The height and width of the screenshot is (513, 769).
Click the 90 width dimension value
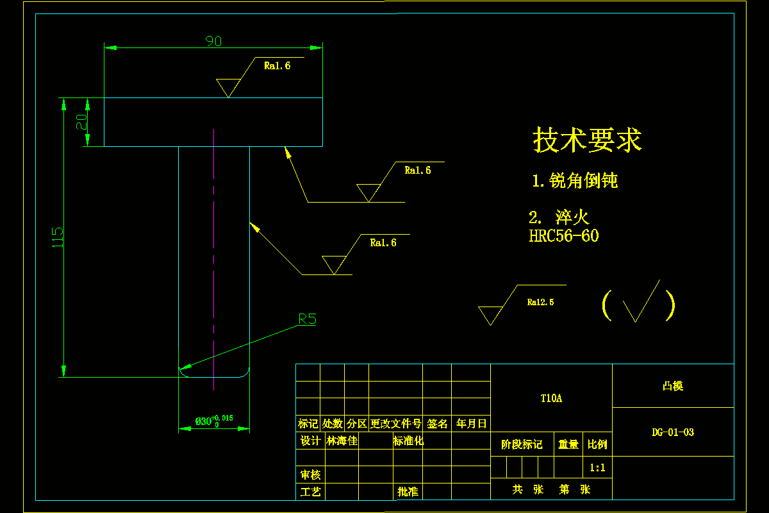213,41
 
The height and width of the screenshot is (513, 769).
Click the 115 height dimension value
58,237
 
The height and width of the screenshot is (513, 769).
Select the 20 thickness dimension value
81,122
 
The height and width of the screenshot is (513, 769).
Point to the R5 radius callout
308,319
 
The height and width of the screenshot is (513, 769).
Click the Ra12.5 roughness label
540,302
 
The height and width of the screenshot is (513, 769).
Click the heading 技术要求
587,140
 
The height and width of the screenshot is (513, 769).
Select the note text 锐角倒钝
583,181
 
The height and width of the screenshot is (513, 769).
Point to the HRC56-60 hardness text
564,236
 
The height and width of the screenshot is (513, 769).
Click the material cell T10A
551,398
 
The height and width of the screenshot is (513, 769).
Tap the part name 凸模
673,386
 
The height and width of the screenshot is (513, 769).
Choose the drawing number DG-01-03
673,432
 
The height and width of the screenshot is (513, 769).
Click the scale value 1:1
597,468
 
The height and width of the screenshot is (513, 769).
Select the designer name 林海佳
342,441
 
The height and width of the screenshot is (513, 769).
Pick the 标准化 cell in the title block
408,441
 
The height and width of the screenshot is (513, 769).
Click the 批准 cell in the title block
408,492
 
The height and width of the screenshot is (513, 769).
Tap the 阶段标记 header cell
521,444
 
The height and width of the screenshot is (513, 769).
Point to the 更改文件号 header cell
395,424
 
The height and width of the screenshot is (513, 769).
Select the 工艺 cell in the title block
310,492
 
